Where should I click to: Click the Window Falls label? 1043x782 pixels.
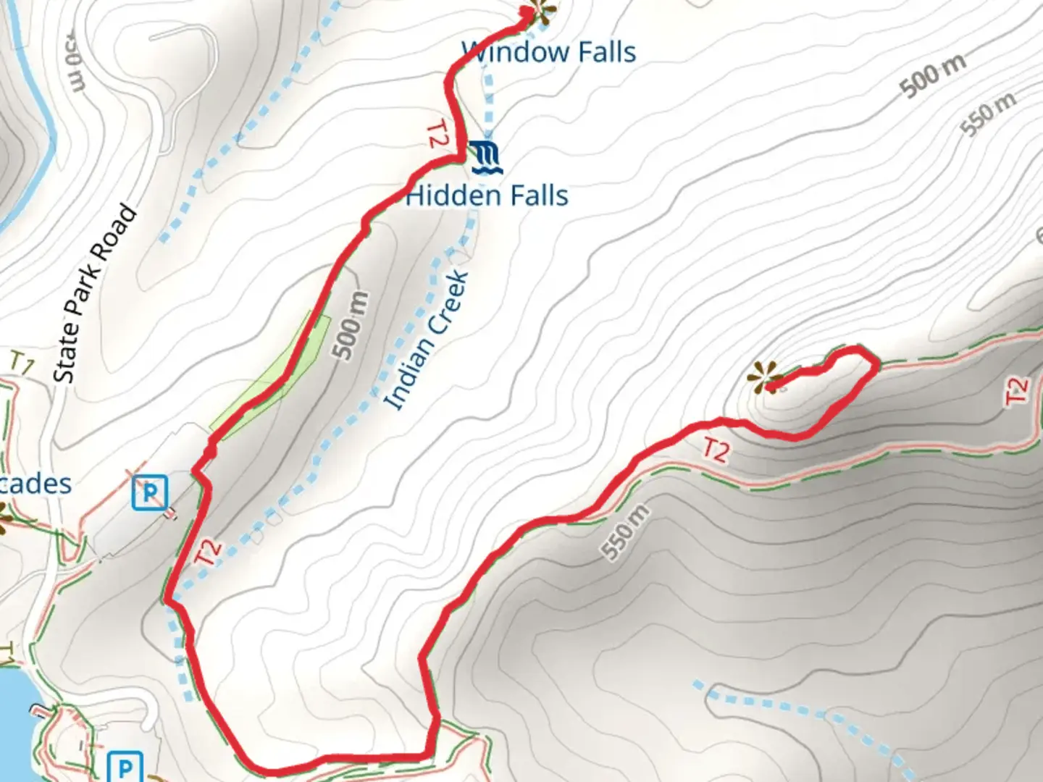549,52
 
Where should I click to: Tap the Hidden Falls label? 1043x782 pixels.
487,195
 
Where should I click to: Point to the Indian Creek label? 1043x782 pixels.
427,340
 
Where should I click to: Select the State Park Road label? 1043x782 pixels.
95,294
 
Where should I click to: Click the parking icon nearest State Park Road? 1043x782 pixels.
150,492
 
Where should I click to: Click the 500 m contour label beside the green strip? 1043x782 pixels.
351,325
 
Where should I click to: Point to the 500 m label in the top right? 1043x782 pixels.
933,75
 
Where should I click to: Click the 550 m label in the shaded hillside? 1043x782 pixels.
624,532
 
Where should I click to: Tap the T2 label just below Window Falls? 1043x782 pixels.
436,134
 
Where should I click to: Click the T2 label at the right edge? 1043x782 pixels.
1017,391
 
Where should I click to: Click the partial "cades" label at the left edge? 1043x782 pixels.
36,484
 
